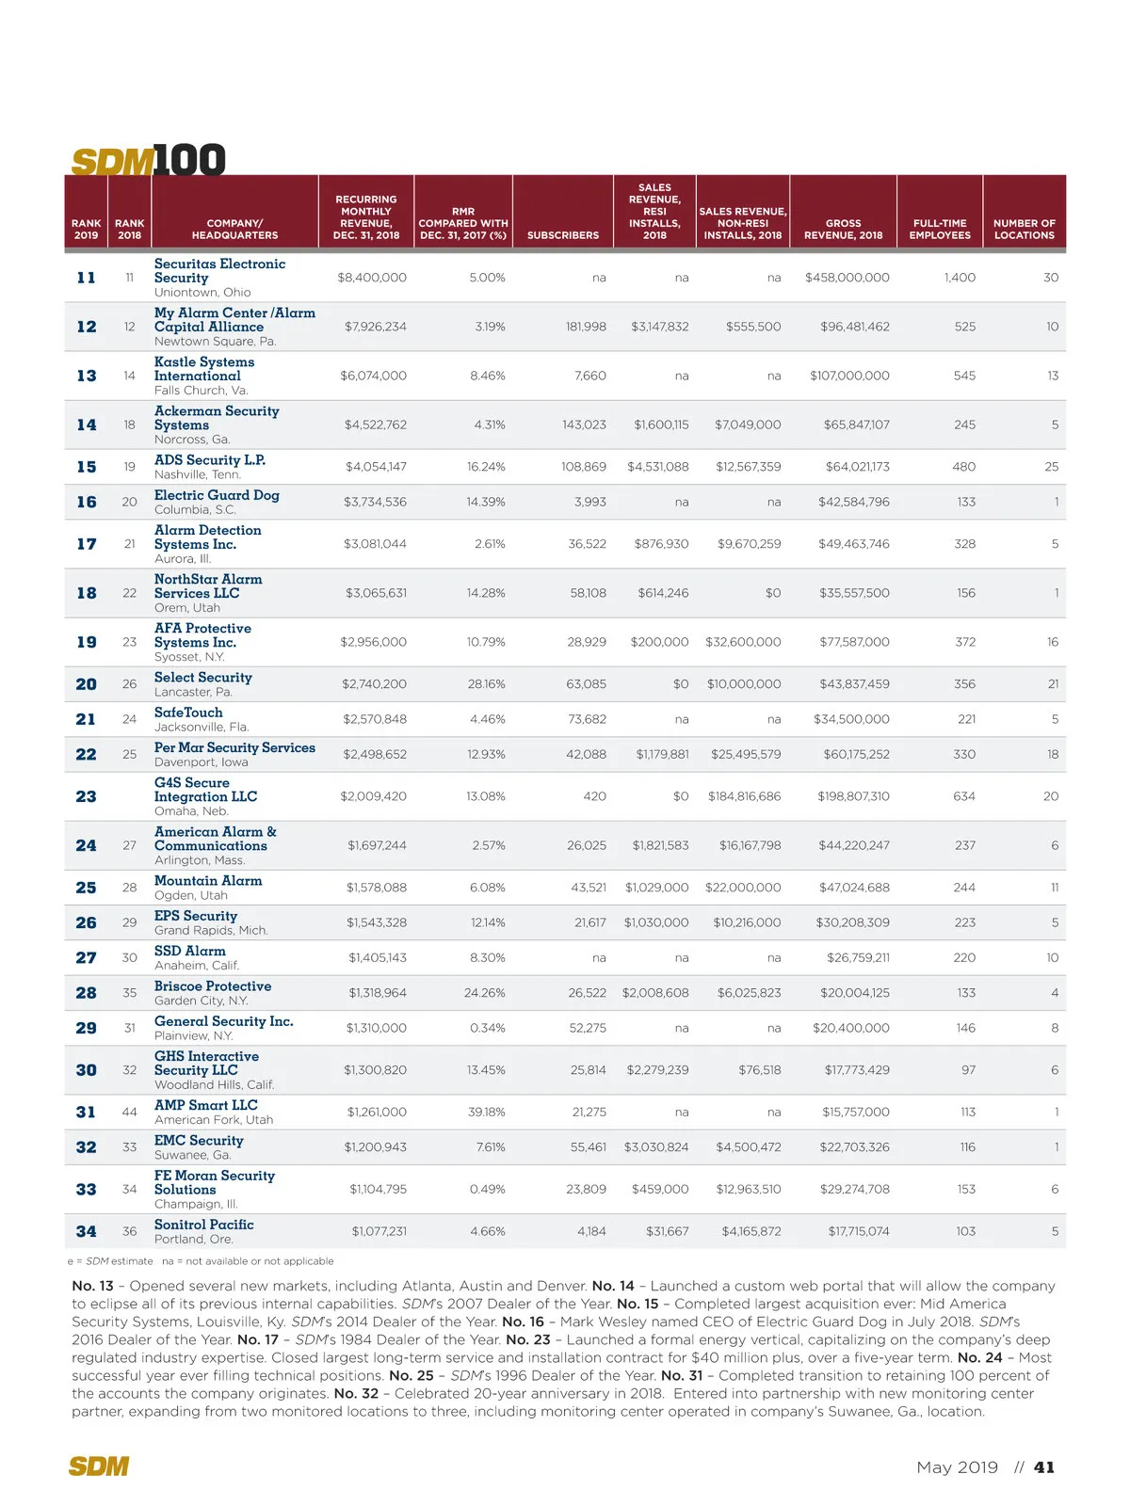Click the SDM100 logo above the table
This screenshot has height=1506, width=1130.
(x=149, y=161)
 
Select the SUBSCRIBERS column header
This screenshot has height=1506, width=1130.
(x=562, y=235)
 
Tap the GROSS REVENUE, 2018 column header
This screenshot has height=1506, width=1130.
(x=843, y=230)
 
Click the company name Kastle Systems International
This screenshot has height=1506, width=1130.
(x=204, y=369)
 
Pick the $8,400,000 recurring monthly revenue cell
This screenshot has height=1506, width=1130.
(x=372, y=278)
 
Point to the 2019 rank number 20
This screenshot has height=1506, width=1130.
(x=86, y=684)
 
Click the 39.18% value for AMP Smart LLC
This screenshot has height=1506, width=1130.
(x=487, y=1112)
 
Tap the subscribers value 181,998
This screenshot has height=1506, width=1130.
(x=586, y=327)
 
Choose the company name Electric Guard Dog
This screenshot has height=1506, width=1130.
(x=217, y=495)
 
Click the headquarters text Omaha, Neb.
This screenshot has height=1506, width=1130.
(x=191, y=811)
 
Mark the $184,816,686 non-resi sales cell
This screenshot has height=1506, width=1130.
(x=744, y=796)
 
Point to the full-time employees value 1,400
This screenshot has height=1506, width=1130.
(x=960, y=278)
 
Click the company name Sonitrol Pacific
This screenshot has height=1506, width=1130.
(x=203, y=1225)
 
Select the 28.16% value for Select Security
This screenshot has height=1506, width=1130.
(x=486, y=684)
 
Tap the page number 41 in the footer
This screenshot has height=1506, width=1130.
(x=1044, y=1467)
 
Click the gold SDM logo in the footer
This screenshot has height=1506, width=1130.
(x=99, y=1466)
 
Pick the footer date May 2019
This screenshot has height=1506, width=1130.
(x=957, y=1467)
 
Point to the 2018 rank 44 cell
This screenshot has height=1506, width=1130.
(x=130, y=1112)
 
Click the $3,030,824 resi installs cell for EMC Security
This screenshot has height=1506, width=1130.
(x=655, y=1147)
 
